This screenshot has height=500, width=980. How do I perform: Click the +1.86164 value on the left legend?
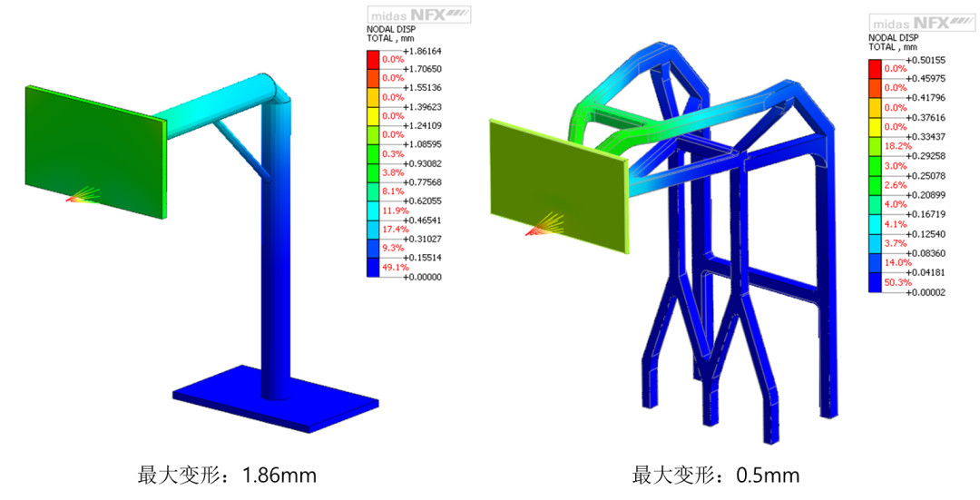point(423,51)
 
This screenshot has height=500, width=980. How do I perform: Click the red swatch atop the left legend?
point(373,60)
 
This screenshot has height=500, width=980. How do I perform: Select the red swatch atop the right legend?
point(875,69)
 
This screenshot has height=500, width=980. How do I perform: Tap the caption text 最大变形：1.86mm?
point(227,475)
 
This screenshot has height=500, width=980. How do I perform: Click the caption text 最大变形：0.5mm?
point(716,475)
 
